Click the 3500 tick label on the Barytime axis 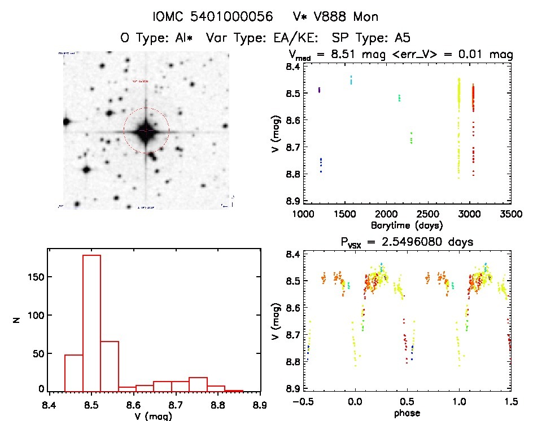coord(511,215)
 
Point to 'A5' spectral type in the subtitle coord(402,38)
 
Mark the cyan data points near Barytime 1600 coord(351,80)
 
